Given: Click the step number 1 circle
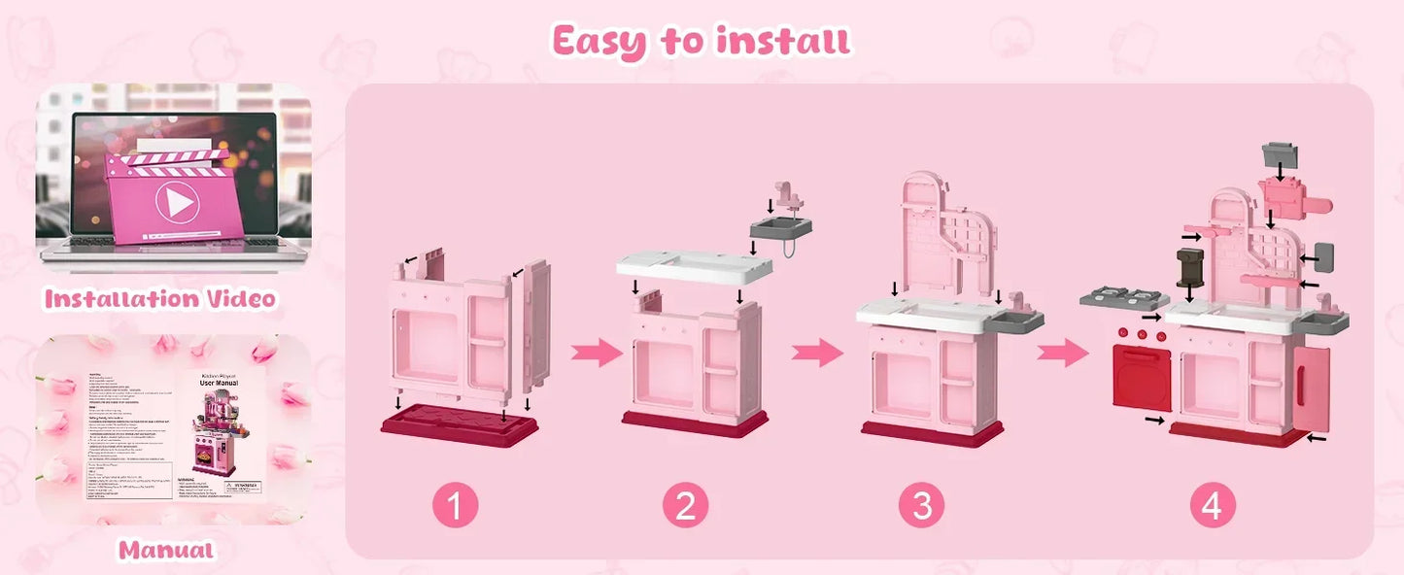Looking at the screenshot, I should click(456, 506).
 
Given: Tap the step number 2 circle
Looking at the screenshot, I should click(686, 506).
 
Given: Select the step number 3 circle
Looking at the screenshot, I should click(922, 506).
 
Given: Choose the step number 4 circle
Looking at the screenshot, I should click(1212, 506).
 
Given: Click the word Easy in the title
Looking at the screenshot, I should click(599, 41).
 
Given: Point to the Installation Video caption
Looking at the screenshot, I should click(159, 298).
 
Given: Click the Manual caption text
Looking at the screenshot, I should click(165, 550).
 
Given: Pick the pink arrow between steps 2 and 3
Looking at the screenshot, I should click(817, 353).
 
